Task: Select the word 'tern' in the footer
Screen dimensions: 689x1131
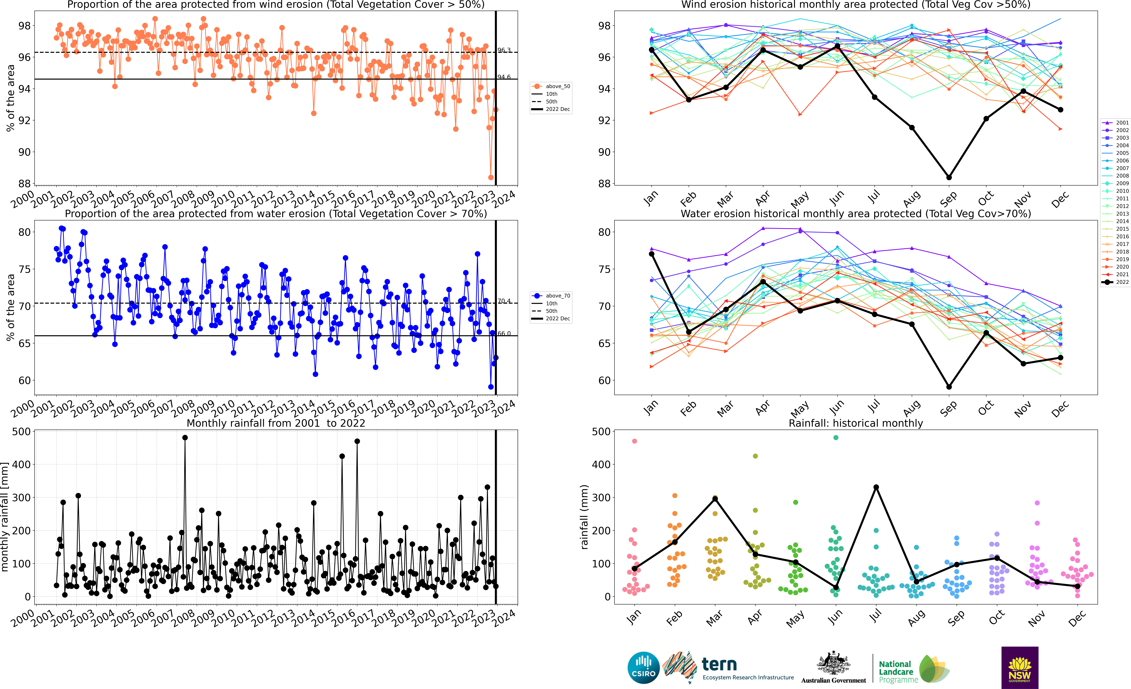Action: coord(719,664)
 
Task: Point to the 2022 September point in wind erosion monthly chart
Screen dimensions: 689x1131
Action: coord(949,177)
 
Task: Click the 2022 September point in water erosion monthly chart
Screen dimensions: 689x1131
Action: coord(949,387)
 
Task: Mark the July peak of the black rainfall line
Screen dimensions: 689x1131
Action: coord(876,487)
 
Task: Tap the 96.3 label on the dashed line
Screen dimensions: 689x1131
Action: coord(504,50)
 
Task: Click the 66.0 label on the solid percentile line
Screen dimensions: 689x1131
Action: coord(504,333)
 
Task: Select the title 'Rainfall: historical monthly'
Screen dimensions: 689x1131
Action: coord(856,423)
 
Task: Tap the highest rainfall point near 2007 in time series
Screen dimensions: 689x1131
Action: coord(185,438)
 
